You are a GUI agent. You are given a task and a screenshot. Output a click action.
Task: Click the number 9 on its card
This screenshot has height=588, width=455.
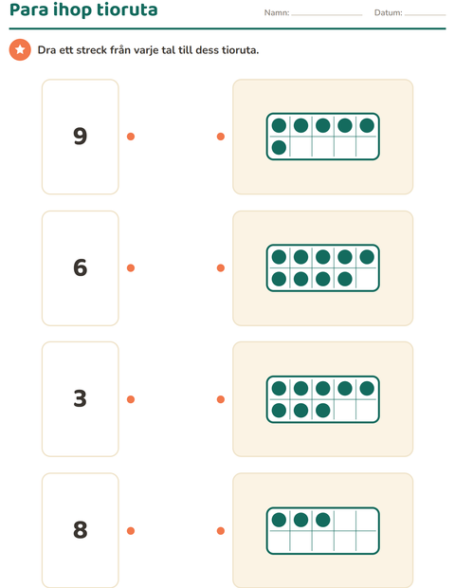[x=81, y=137]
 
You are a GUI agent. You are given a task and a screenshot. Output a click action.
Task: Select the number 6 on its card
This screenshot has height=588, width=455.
[x=81, y=267]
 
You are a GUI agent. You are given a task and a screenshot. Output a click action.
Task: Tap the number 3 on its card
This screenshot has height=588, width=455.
[x=81, y=398]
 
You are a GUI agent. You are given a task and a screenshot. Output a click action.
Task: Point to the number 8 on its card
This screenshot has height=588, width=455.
[x=81, y=530]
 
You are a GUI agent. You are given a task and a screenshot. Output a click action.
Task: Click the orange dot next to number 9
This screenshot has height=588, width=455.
[x=131, y=137]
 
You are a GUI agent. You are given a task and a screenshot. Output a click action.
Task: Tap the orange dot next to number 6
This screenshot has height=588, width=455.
[x=131, y=267]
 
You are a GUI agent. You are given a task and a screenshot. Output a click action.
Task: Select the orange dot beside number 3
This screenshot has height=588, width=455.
[x=131, y=399]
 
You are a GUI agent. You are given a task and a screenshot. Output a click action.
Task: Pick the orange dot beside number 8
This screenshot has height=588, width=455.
[x=131, y=531]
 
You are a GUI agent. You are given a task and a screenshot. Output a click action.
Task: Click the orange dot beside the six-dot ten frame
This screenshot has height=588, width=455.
[x=221, y=137]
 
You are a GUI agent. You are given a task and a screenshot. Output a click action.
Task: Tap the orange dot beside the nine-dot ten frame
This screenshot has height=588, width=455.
[x=221, y=267]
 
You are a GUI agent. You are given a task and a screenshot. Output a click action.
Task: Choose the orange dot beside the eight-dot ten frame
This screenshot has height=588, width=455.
[x=221, y=399]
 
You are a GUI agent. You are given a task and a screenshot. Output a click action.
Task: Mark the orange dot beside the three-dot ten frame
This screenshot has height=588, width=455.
[x=221, y=531]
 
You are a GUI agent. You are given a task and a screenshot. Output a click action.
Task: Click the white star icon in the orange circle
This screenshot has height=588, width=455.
[x=20, y=49]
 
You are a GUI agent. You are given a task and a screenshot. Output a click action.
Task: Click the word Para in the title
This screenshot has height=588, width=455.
[x=28, y=9]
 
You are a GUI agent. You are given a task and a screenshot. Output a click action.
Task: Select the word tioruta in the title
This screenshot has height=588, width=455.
[x=127, y=9]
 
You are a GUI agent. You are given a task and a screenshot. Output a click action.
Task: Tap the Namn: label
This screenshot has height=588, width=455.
[x=277, y=12]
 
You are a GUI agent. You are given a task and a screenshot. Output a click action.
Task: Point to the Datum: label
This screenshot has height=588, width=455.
[x=389, y=12]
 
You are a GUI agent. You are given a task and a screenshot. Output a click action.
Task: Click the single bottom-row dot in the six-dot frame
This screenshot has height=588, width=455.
[x=279, y=147]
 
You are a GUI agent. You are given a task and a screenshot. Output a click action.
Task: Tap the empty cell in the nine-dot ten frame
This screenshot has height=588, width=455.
[x=367, y=279]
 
